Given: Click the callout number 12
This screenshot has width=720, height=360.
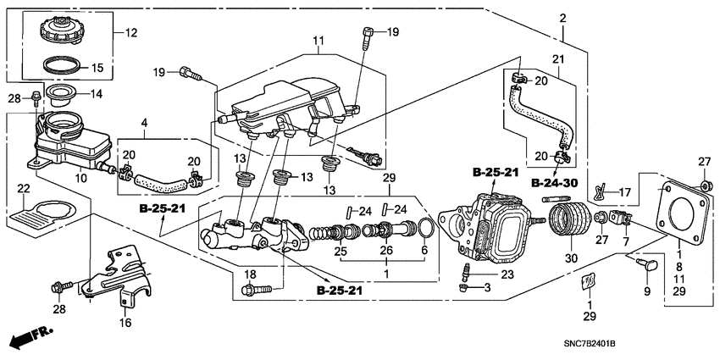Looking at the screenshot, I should click(x=130, y=33).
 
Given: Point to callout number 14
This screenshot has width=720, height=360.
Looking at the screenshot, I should click(x=96, y=93).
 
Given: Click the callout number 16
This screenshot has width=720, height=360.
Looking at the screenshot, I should click(x=126, y=323).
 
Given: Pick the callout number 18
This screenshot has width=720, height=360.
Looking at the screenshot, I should click(x=250, y=274).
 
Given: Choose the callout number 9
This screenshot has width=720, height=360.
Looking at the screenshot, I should click(x=648, y=292).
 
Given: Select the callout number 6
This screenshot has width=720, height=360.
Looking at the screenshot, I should click(x=424, y=252).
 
